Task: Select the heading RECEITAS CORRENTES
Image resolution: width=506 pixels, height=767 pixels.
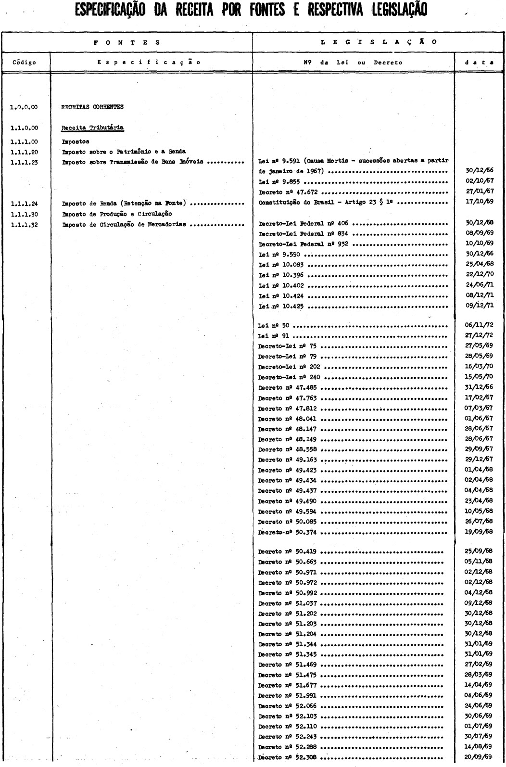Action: tap(92, 107)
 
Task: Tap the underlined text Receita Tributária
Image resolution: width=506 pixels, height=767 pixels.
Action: tap(93, 128)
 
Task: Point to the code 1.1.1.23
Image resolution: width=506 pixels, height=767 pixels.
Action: tap(24, 162)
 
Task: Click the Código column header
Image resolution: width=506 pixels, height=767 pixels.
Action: tap(24, 62)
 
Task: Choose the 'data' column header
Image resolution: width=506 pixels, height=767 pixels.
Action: tap(480, 62)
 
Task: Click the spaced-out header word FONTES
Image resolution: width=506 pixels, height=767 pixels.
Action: tap(127, 42)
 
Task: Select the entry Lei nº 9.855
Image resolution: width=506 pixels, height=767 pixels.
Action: tap(281, 181)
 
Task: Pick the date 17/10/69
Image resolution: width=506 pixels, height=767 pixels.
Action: tap(480, 203)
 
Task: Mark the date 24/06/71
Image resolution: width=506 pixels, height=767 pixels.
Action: tap(480, 285)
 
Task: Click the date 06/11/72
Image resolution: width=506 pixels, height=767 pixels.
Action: tap(480, 325)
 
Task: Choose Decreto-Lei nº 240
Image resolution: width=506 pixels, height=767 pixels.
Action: tap(289, 377)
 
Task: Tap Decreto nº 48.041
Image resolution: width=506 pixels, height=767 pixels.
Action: tap(287, 419)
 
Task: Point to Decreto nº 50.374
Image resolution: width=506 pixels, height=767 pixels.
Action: tap(287, 532)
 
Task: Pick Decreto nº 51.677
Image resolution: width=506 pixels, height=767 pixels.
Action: tap(287, 686)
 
